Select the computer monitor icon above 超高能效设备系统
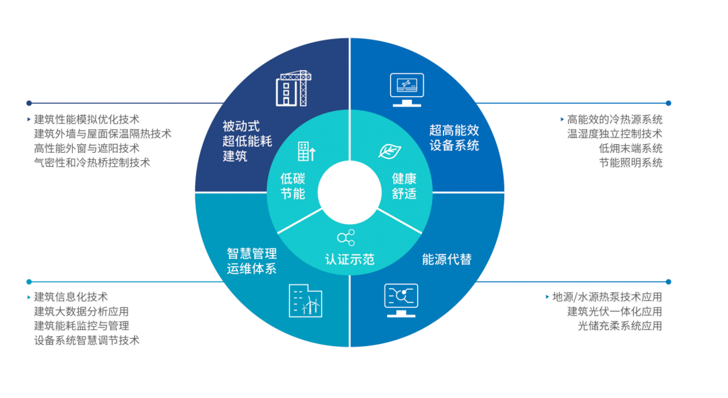(406, 89)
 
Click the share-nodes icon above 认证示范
(346, 237)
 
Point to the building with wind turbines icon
(305, 300)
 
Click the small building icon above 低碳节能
(307, 152)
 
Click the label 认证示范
(350, 259)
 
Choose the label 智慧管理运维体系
(251, 261)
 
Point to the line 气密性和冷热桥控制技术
(92, 162)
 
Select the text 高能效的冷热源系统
(615, 119)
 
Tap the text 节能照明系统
(631, 162)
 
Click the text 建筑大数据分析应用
(82, 311)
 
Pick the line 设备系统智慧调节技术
(87, 340)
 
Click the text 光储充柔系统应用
(619, 326)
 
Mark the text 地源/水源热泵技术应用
(607, 297)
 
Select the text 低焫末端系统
(631, 148)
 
